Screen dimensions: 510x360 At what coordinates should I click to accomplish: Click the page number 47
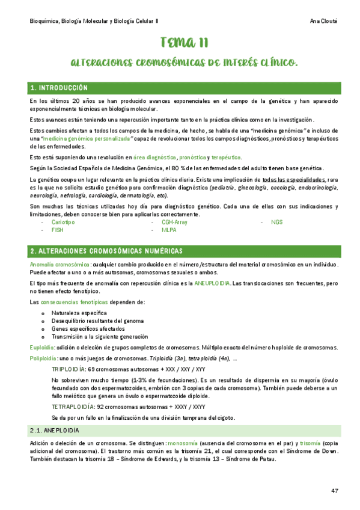tap(335, 491)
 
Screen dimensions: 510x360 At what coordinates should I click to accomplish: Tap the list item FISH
tap(57, 230)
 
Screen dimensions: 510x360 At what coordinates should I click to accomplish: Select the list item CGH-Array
tap(174, 222)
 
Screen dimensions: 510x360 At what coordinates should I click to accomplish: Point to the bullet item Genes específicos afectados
tap(88, 329)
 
